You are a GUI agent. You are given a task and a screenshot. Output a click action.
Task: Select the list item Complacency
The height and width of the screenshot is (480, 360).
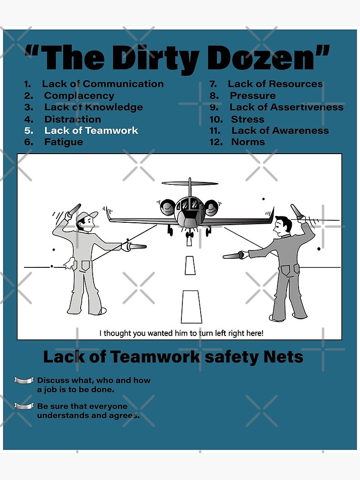point(79,96)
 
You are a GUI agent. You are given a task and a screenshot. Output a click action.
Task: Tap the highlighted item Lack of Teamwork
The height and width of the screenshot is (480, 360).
point(91,131)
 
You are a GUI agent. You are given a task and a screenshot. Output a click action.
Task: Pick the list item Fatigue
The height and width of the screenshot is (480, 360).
point(63,142)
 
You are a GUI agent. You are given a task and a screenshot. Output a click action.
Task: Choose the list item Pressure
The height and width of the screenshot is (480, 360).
point(252,96)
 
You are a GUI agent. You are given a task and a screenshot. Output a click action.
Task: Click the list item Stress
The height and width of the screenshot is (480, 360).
point(247,119)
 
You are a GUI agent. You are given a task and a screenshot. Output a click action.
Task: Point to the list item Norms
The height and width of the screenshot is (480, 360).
point(248,142)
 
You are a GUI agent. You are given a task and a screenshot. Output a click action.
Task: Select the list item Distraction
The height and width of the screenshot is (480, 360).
point(72,119)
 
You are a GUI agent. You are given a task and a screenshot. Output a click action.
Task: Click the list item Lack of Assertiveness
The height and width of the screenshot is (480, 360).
point(286,107)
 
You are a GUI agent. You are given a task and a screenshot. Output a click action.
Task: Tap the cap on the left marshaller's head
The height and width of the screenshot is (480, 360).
point(86,216)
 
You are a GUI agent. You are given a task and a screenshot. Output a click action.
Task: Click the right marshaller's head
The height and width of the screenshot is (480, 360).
point(282,225)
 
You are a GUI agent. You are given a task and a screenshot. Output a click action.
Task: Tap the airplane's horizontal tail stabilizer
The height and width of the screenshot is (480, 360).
point(190,183)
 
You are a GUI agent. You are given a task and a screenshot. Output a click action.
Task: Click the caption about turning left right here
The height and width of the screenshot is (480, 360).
point(181,333)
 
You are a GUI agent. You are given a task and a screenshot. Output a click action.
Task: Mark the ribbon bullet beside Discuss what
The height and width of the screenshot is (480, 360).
point(24,381)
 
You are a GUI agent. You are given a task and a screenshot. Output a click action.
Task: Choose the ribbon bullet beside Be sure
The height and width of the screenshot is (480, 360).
point(24,407)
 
